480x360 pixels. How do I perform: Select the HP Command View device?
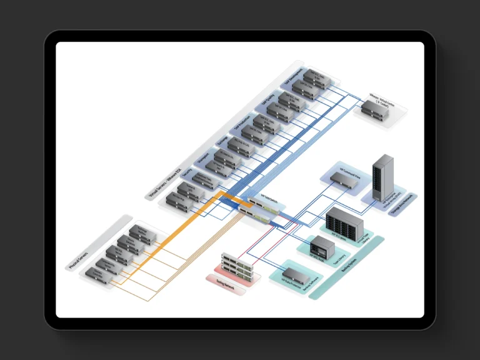pyautogui.click(x=343, y=179)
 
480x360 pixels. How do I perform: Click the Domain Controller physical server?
pyautogui.click(x=99, y=275)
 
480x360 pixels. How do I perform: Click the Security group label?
pyautogui.click(x=187, y=173)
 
